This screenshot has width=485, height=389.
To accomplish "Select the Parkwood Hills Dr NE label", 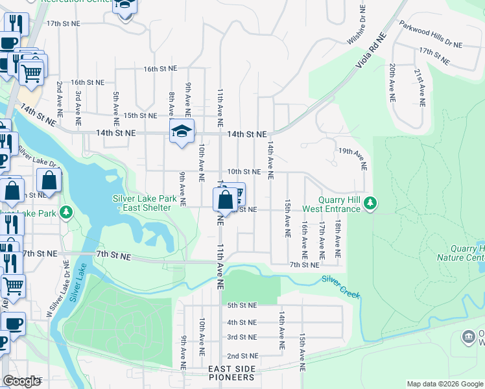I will point(431,34).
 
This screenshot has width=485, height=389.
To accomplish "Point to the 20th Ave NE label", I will point(392,84).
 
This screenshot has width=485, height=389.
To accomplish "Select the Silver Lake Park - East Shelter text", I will point(141,203).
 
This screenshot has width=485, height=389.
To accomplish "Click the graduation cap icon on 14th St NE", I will point(182,132).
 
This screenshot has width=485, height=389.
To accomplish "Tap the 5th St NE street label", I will point(242,305).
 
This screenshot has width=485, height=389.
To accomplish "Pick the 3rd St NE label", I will point(242,337).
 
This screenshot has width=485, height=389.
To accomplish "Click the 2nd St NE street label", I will point(242,356).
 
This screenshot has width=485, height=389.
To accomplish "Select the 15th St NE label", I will point(140,115).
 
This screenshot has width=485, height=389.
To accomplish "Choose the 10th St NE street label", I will point(244,172).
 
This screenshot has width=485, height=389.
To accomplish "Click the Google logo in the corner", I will point(21,381).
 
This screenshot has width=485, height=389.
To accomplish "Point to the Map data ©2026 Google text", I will point(444,384).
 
